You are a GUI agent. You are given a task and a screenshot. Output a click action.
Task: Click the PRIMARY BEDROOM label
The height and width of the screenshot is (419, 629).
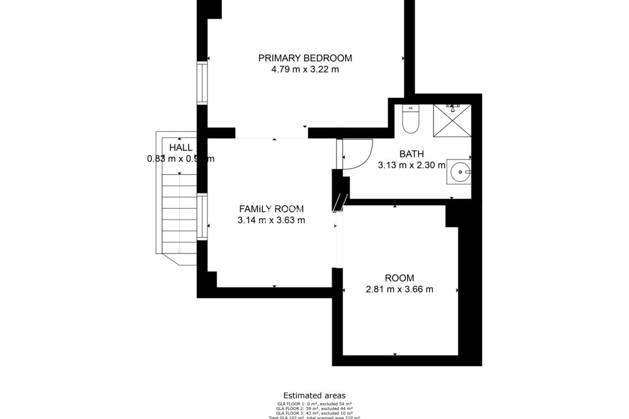coord(305,58)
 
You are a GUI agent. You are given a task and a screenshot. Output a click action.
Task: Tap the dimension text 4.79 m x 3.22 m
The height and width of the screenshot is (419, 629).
coord(305,70)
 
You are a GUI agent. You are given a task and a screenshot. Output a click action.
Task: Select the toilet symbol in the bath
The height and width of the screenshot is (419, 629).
coord(410,119)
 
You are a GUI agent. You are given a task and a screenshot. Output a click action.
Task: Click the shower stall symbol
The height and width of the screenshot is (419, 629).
coord(452,120)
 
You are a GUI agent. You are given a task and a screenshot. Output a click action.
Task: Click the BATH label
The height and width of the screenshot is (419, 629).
coord(412,154)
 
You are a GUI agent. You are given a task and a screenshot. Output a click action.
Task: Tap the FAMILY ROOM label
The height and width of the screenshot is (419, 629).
coord(271,209)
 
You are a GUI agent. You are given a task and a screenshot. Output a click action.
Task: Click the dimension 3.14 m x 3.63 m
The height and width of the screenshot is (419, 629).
coord(271,221)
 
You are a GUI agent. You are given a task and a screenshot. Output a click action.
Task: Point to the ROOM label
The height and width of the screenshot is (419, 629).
coord(399,278)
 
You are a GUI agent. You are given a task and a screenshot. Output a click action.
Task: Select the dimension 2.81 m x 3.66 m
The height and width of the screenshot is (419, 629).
coord(399,289)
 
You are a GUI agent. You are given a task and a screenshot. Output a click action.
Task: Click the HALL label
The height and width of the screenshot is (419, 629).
coord(181,148)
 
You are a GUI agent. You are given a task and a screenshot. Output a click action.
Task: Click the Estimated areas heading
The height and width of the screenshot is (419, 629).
coord(314,396)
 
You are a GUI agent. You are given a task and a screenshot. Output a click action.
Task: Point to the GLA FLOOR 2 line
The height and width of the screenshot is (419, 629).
coord(314,409)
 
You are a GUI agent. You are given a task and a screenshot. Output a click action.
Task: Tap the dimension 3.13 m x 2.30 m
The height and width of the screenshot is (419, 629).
coord(412,166)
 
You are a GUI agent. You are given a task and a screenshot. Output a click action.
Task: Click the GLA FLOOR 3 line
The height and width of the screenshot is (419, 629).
coord(314,413)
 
